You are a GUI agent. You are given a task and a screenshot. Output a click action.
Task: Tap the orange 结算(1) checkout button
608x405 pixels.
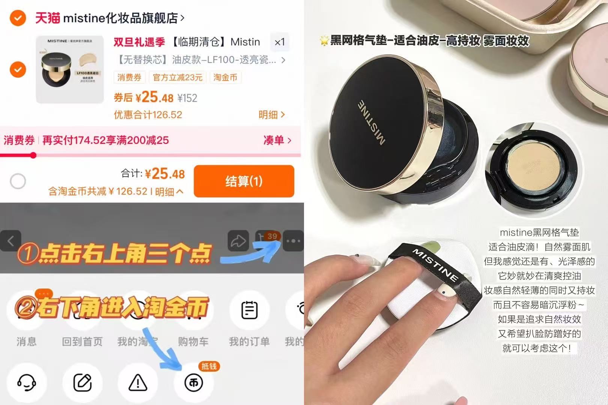point(244,181)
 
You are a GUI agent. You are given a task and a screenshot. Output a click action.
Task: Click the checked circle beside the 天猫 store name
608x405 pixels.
point(18,18)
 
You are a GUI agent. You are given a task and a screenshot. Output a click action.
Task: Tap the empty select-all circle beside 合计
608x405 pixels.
point(18,181)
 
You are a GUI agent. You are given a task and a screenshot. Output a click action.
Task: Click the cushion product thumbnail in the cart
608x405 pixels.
point(70,70)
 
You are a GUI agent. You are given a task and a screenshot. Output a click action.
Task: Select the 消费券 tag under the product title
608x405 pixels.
point(129,77)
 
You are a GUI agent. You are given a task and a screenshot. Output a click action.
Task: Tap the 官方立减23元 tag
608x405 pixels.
point(178,77)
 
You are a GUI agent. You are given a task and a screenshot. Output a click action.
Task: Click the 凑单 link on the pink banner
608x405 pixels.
point(277,140)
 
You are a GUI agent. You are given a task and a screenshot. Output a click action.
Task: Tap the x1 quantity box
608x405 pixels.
point(280,42)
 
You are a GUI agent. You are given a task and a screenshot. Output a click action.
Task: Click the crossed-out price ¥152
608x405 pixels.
point(187,98)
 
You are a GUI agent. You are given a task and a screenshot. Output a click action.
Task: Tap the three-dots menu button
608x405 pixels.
point(293,240)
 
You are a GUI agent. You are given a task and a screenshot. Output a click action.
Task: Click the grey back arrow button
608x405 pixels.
point(11,240)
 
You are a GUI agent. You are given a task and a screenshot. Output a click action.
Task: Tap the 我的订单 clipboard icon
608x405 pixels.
point(249,310)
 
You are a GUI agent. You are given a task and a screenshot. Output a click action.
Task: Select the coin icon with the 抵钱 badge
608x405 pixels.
point(194,382)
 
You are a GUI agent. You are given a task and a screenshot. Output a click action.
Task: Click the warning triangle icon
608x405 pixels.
point(138,382)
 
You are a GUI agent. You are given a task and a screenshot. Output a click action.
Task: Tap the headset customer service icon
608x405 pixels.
point(27,382)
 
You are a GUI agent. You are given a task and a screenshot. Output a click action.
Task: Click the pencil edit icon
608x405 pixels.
point(82,382)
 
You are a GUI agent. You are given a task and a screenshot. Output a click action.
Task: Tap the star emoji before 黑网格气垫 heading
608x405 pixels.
point(324,40)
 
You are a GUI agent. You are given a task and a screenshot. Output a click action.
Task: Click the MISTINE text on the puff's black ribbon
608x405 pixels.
point(436,265)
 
